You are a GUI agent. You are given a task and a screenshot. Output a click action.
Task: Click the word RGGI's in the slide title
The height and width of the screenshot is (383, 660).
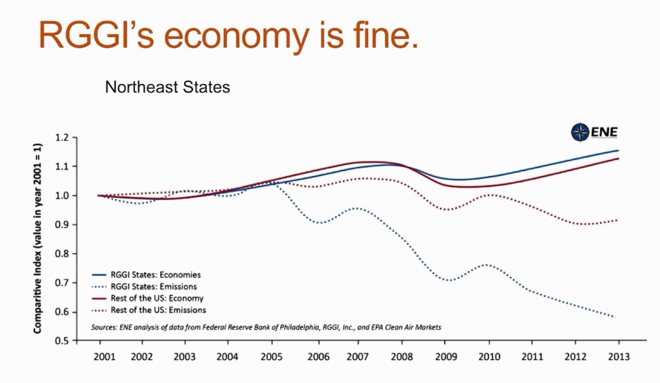click(94, 36)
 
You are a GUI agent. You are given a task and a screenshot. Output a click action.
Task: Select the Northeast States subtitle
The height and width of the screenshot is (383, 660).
click(168, 87)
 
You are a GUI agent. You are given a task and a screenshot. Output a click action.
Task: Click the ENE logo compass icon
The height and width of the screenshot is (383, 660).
click(580, 132)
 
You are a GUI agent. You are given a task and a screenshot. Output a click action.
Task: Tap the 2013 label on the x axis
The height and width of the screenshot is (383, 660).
click(619, 357)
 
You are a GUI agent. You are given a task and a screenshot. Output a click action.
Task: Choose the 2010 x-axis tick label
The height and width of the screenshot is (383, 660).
click(489, 357)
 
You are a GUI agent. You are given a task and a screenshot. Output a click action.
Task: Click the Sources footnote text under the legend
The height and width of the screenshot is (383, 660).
click(266, 326)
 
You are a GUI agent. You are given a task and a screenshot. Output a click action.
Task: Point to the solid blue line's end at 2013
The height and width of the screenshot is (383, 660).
click(618, 150)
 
